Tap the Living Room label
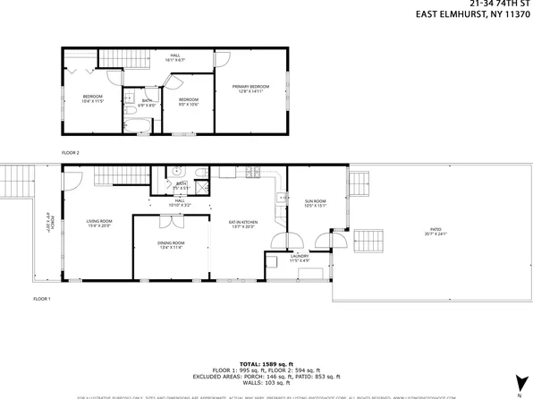pos(98,223)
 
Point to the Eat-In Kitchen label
pos(243,223)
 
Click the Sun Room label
pos(315,203)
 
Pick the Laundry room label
pos(299,258)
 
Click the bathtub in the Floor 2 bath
pos(137,123)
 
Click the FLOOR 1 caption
pos(42,298)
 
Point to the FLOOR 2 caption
pos(71,153)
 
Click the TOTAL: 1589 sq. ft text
pos(266,364)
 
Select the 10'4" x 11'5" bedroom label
pos(94,98)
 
